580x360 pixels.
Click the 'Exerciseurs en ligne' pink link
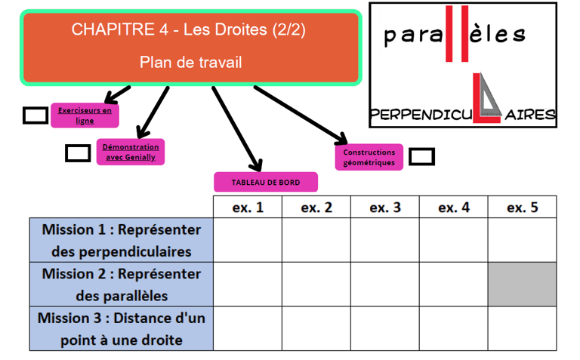85,115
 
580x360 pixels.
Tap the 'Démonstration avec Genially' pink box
131,152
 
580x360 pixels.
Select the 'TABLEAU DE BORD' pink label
265,182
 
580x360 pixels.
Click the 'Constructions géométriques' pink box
369,157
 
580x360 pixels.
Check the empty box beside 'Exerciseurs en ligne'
35,115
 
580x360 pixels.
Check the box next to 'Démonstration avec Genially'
78,152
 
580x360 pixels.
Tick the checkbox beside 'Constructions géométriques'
421,157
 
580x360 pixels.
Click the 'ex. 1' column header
247,208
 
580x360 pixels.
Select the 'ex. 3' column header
384,208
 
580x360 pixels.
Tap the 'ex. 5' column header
522,208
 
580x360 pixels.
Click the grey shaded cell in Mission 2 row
522,284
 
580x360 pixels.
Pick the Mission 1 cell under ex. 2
316,240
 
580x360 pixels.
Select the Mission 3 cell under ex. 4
453,328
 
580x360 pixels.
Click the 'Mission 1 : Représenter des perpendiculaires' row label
122,240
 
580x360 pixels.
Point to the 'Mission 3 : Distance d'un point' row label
122,328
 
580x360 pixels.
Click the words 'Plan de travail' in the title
190,63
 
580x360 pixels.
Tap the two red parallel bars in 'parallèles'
457,33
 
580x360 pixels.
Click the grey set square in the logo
489,98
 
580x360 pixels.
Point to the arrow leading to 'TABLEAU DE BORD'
236,129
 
